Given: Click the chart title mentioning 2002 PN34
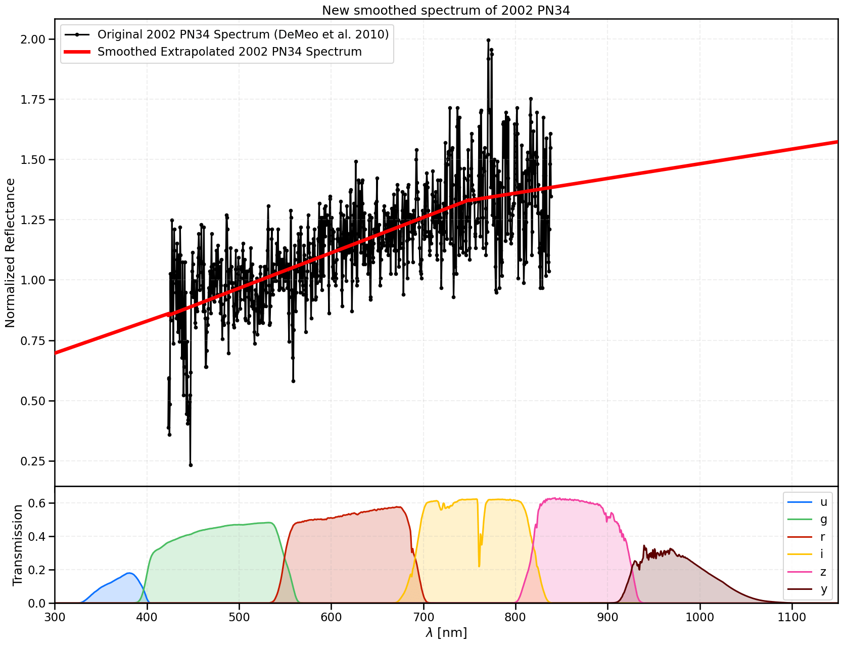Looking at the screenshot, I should (446, 10).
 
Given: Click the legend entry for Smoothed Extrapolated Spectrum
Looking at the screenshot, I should (229, 52).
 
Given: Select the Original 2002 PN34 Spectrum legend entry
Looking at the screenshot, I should (243, 34).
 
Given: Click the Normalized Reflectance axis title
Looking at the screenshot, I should (11, 253).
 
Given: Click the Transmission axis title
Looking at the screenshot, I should (18, 545).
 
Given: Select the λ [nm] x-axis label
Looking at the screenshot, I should (446, 633).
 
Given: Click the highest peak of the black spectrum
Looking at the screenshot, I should (488, 40).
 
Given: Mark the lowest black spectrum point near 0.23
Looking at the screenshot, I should (191, 465).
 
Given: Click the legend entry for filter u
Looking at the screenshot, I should (823, 502).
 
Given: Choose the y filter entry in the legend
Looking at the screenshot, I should (823, 589).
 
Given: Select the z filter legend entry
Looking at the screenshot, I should (823, 572).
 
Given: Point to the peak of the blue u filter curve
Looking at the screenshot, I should (130, 573).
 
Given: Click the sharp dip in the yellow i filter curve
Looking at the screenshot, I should (479, 565).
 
